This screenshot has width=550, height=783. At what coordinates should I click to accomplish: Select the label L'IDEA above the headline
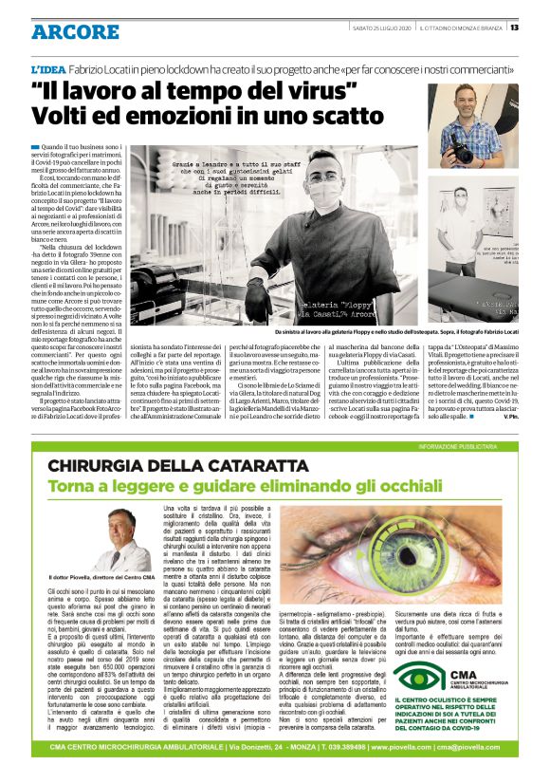tap(48, 70)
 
